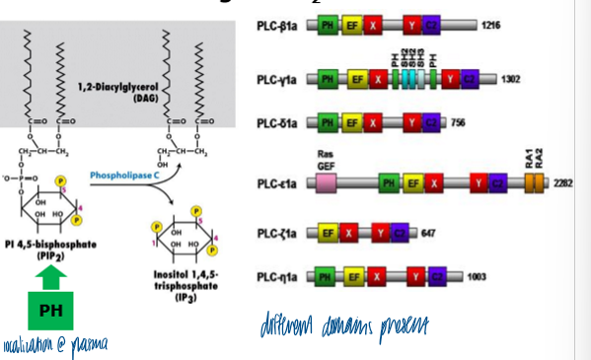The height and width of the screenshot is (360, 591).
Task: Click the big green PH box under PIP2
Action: [x=48, y=311]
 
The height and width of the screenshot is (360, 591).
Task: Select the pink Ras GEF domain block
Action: [x=326, y=182]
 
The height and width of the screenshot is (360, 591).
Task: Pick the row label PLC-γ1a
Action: [x=278, y=78]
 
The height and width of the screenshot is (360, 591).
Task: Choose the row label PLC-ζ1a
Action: [x=278, y=233]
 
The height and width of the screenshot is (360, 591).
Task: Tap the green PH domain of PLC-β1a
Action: [x=327, y=26]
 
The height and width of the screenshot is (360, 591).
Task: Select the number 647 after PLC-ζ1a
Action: [x=427, y=233]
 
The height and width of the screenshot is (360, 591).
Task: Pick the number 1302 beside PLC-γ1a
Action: [x=509, y=78]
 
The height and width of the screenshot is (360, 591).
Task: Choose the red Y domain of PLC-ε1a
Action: [x=478, y=182]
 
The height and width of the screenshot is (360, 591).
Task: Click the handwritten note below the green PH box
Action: [x=53, y=344]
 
